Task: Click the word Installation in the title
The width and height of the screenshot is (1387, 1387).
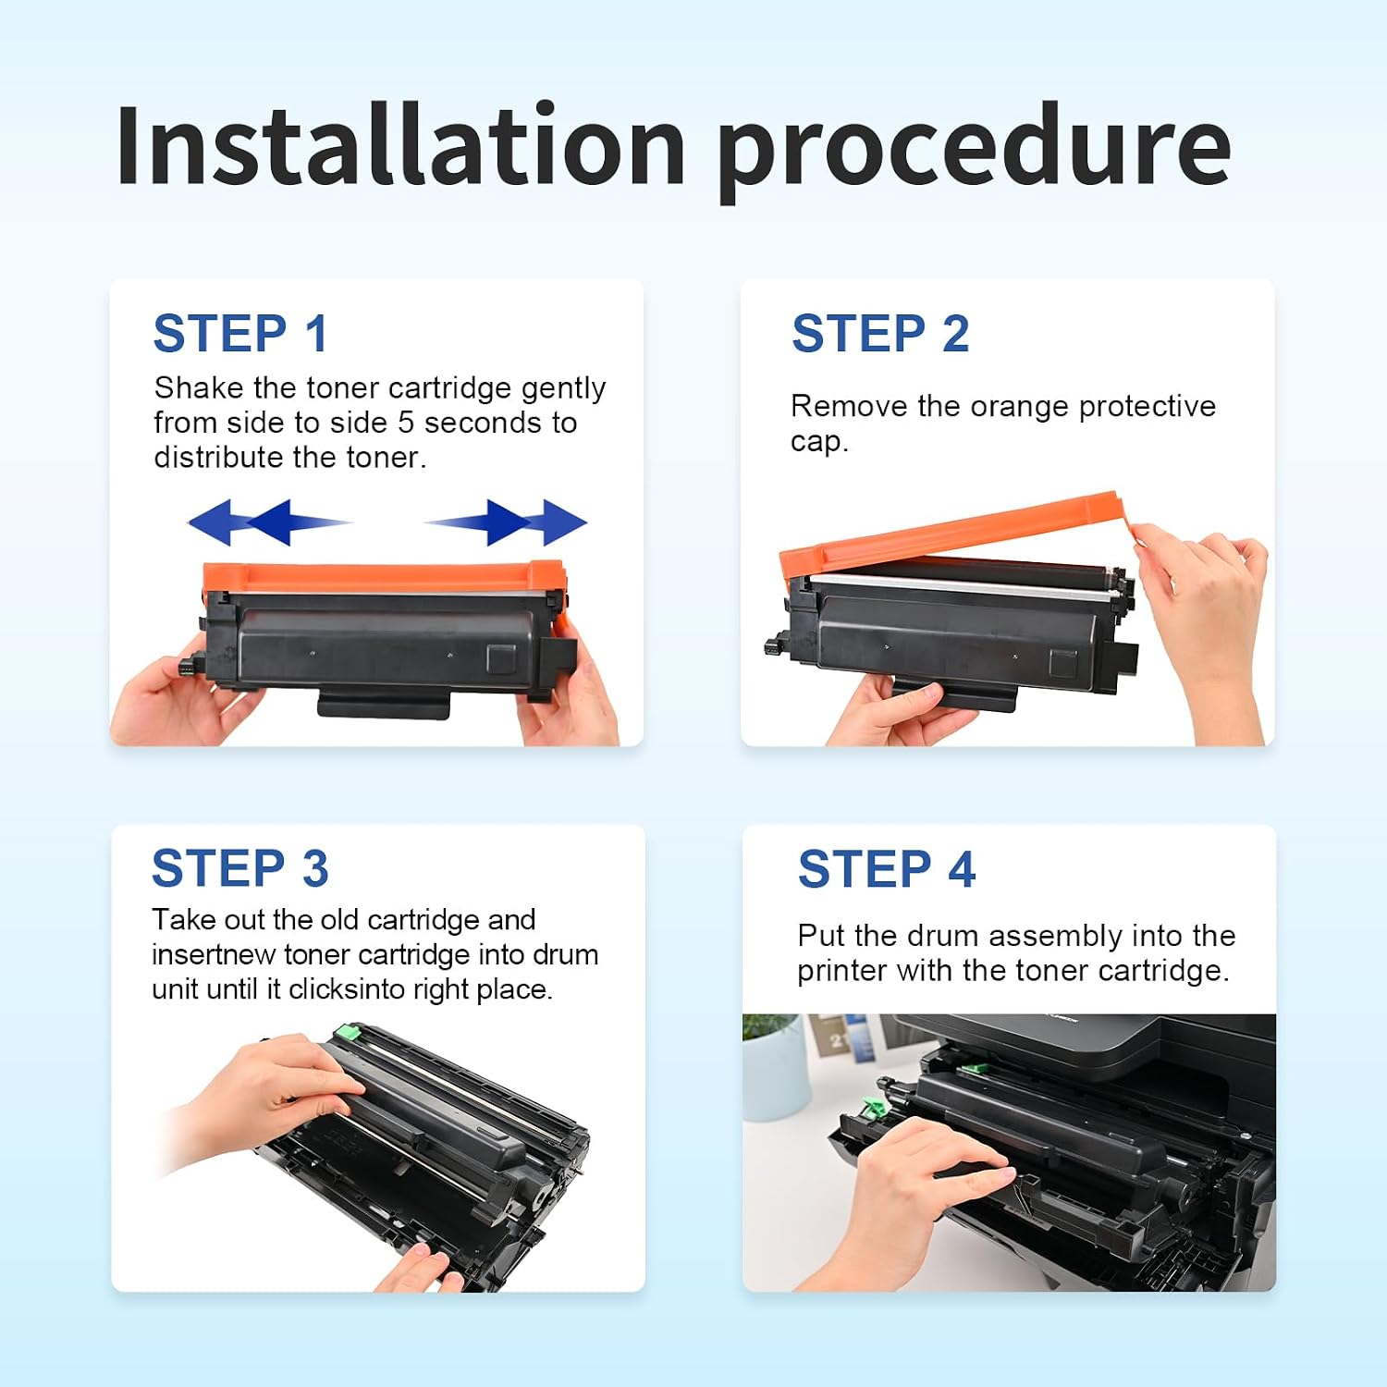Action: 399,146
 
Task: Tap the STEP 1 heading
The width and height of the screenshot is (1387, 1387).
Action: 240,333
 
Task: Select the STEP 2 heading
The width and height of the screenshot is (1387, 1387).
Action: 880,333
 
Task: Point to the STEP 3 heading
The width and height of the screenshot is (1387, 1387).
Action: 240,868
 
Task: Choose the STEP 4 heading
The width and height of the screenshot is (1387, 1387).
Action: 887,869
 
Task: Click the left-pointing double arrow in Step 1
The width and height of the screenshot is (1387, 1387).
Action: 268,522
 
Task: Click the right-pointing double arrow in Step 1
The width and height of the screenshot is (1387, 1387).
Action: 506,522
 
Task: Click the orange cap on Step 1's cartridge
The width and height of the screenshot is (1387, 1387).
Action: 384,578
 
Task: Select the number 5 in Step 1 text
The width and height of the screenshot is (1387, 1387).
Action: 406,423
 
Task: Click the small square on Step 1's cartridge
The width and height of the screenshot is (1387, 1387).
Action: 502,658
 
